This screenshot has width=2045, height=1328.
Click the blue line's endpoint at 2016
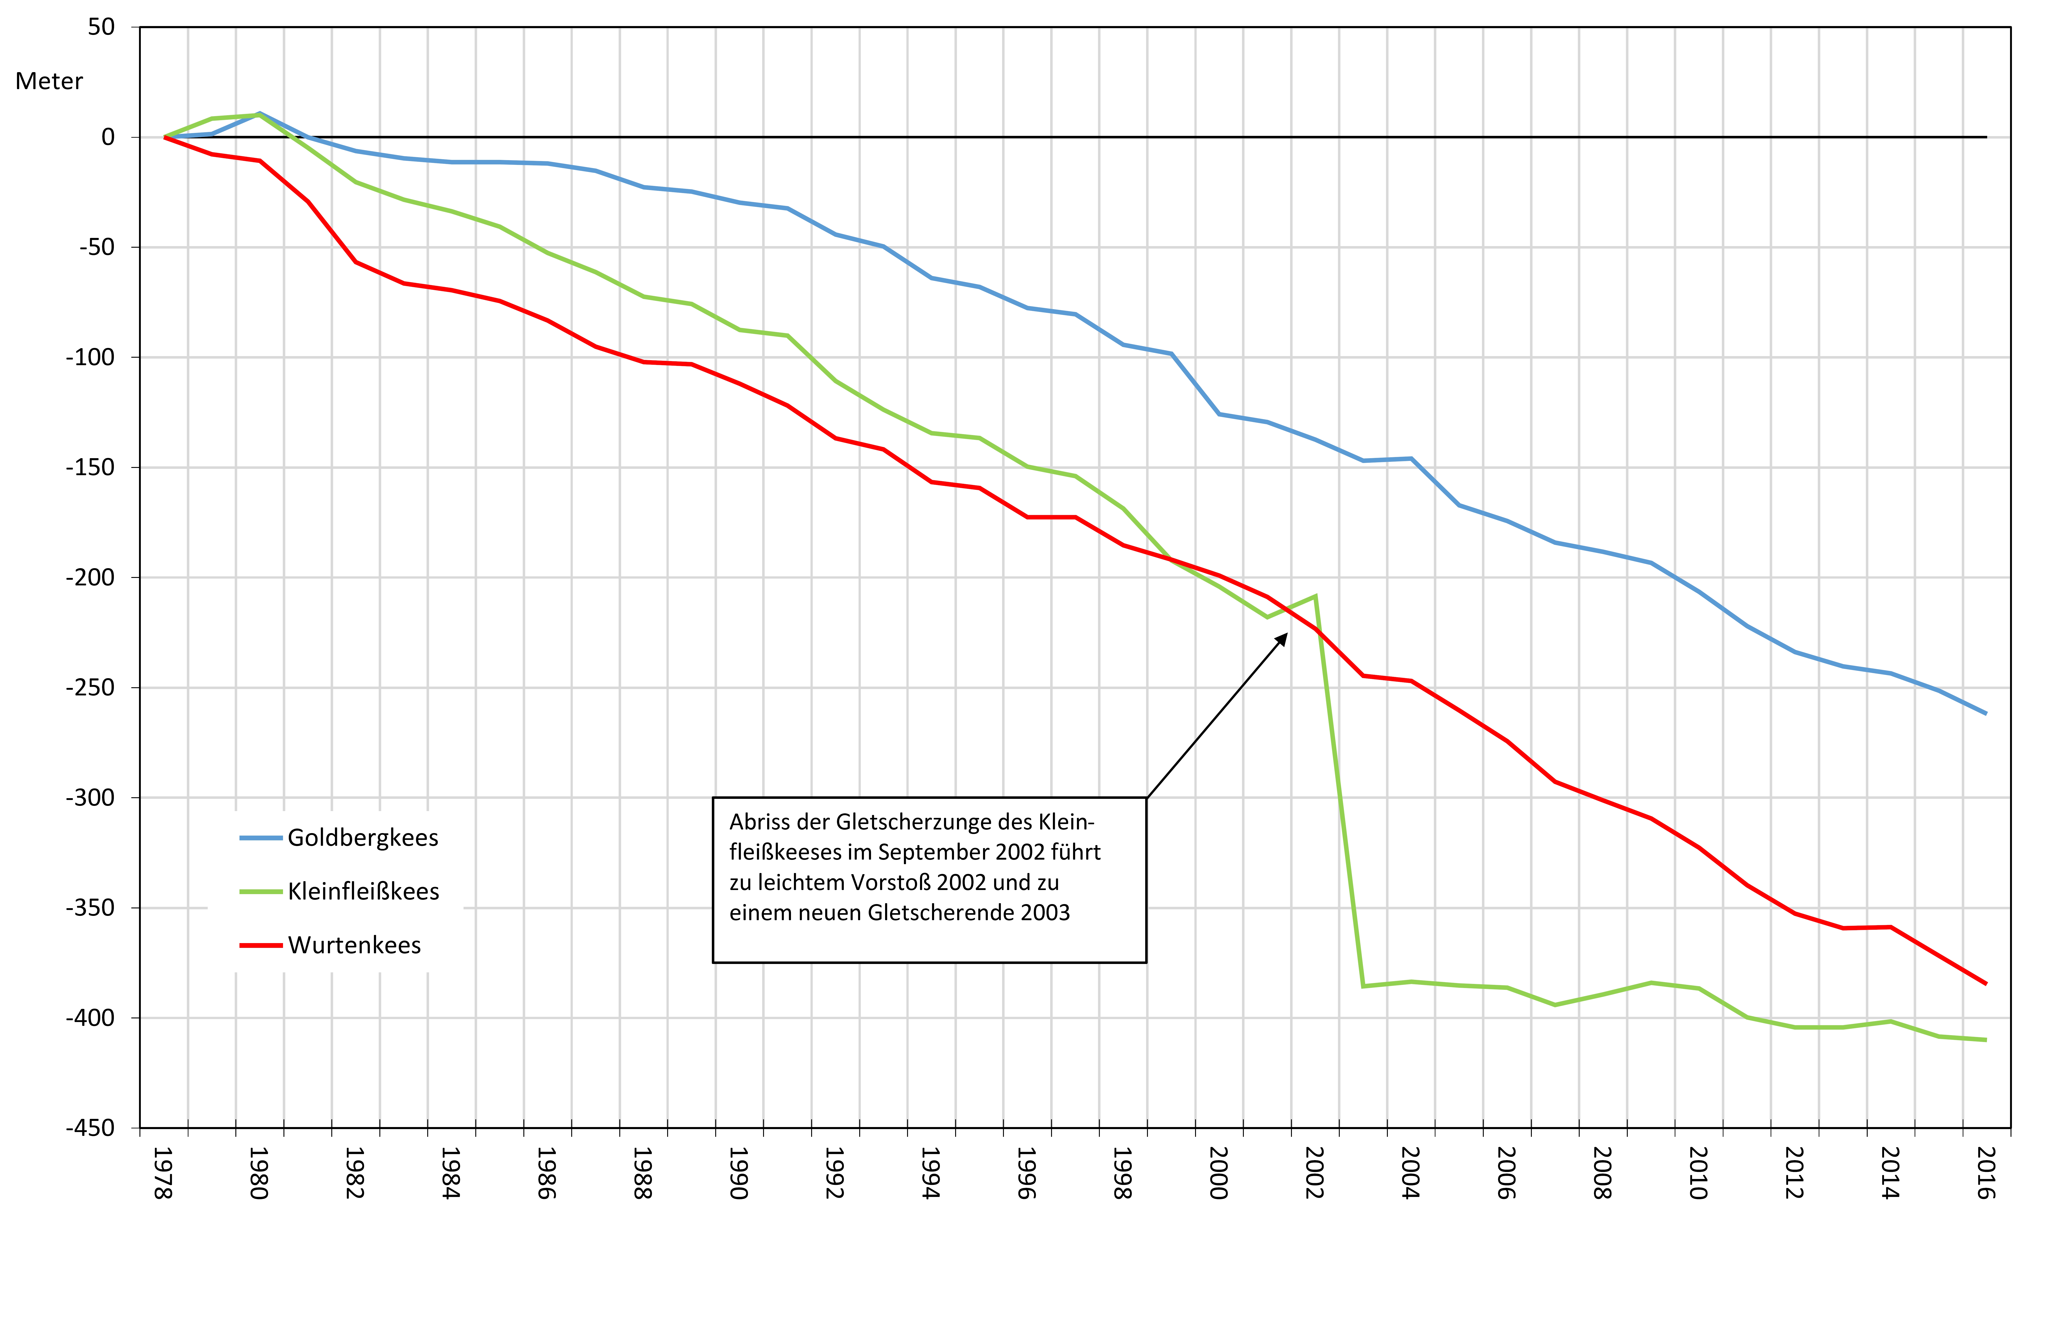pyautogui.click(x=1986, y=713)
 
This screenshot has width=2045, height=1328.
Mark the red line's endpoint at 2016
pyautogui.click(x=1986, y=983)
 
